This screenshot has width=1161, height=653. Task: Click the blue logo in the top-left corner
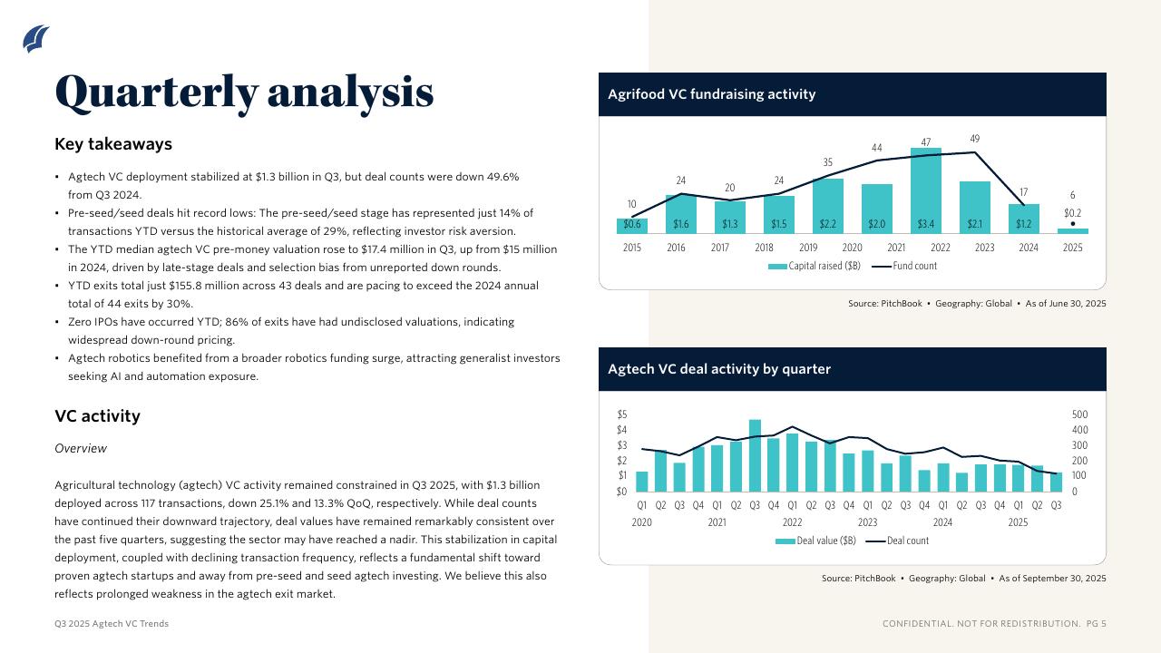(35, 38)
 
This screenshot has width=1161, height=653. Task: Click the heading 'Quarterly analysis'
(244, 92)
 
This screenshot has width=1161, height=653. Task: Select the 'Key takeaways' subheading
(113, 144)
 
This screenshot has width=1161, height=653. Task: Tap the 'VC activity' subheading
(97, 416)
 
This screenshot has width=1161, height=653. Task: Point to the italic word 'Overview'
(81, 449)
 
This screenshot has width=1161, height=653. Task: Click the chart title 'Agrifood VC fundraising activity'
(711, 94)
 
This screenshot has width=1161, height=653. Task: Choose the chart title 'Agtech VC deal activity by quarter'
(718, 369)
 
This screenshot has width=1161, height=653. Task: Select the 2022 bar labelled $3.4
(926, 192)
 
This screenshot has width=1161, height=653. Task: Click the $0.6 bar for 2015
(632, 225)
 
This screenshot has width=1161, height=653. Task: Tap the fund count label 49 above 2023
(975, 139)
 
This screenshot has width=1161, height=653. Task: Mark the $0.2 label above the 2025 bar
(1073, 213)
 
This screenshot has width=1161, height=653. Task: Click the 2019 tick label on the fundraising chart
(808, 248)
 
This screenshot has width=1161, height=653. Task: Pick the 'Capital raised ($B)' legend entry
(814, 267)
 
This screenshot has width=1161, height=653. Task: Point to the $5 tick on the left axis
(622, 414)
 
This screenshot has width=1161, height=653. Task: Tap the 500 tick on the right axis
(1079, 414)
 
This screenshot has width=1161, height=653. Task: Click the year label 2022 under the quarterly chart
(792, 522)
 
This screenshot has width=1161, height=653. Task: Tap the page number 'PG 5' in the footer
(1097, 624)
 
